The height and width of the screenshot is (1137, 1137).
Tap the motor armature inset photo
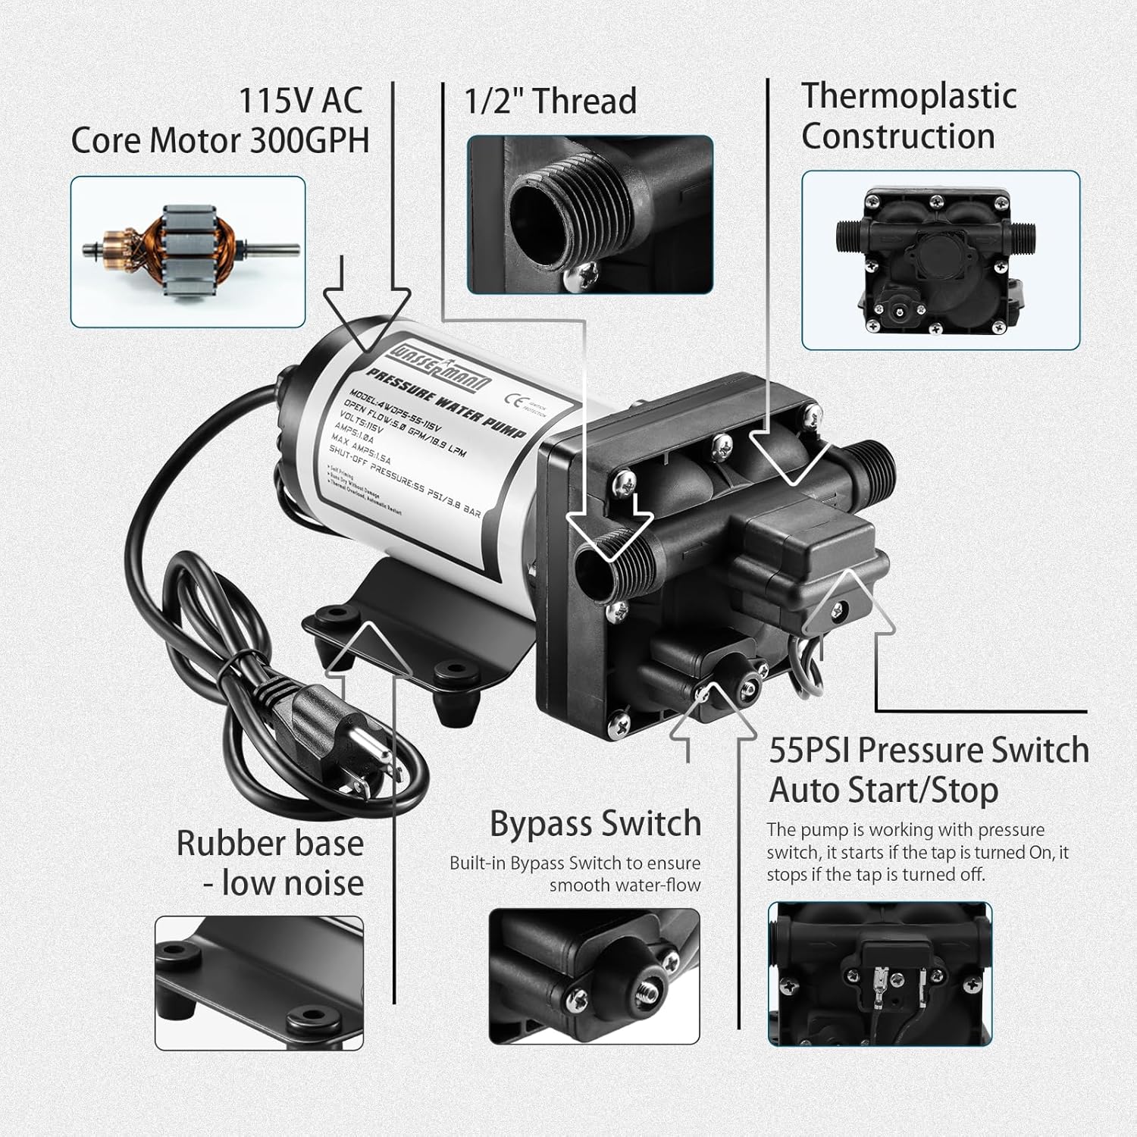coord(188,252)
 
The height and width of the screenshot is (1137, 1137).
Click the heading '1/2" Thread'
coord(550,102)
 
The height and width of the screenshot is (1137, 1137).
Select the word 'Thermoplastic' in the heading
coord(909,96)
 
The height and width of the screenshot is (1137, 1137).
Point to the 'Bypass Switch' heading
coord(595,824)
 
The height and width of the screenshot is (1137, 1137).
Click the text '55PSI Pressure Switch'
coord(929,750)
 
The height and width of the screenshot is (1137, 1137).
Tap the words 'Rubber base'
coord(270,843)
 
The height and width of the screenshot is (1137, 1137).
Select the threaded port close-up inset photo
coord(590,215)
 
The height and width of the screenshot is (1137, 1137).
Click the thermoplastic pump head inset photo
coord(940,260)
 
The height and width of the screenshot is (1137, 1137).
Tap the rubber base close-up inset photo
coord(259,983)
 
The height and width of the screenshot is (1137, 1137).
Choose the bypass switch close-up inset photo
coord(594,976)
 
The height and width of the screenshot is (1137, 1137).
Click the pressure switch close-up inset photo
coord(879,974)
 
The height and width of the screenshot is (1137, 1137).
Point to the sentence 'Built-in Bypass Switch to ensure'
coord(575,863)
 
